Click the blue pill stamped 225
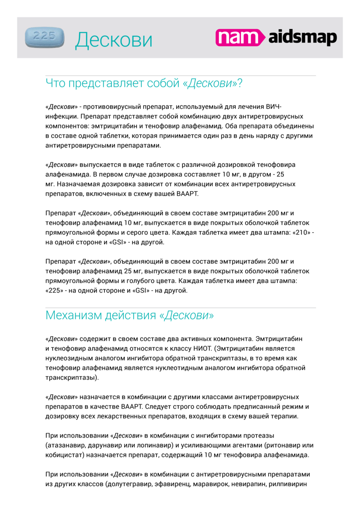click(x=45, y=37)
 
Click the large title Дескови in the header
click(x=114, y=40)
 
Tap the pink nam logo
click(x=240, y=37)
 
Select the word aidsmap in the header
click(x=303, y=38)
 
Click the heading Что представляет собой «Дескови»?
click(x=144, y=83)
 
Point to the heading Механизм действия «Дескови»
click(x=130, y=315)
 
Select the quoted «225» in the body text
click(x=54, y=290)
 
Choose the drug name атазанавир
click(x=67, y=445)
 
